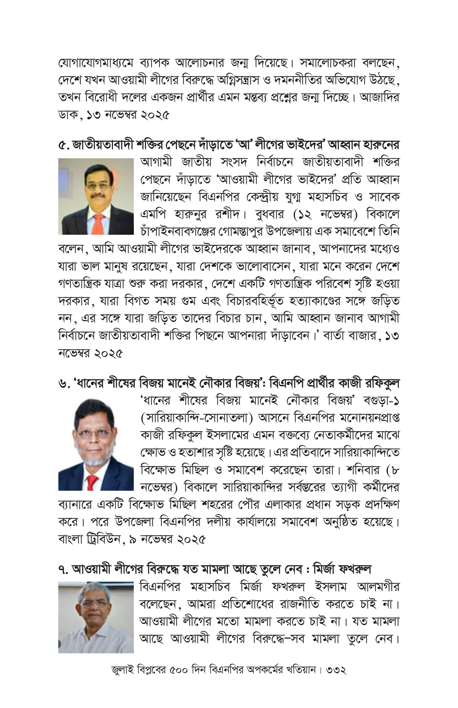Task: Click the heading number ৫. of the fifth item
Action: coord(63,145)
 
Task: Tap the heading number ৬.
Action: coord(63,384)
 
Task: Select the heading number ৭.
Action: coord(63,569)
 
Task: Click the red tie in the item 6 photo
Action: coord(92,482)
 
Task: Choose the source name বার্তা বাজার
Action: coord(349,336)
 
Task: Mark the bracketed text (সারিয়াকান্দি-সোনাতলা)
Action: coord(197,418)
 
